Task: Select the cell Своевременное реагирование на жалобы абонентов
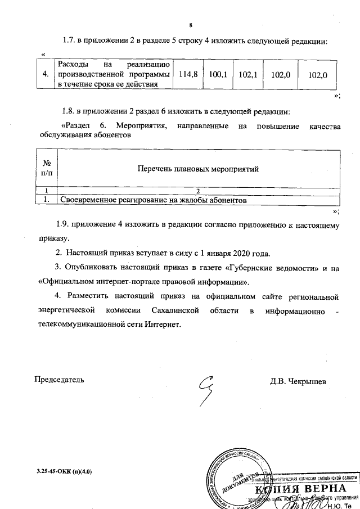click(154, 200)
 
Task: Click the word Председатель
click(60, 380)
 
